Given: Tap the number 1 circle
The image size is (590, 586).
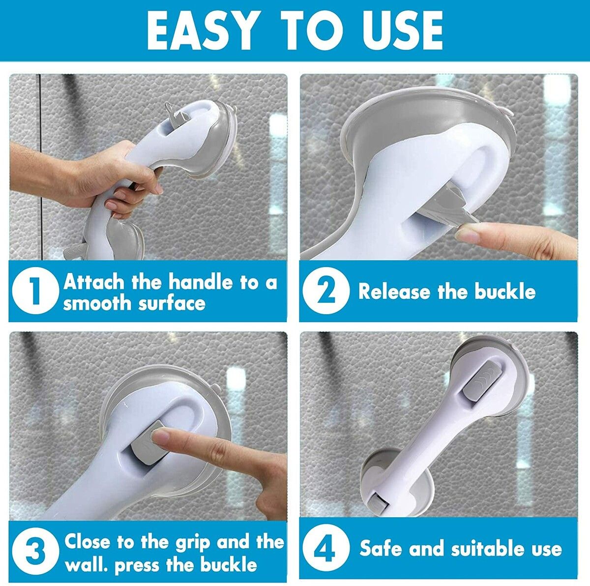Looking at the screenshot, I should [33, 292].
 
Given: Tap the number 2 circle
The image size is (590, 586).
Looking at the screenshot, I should [325, 292].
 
